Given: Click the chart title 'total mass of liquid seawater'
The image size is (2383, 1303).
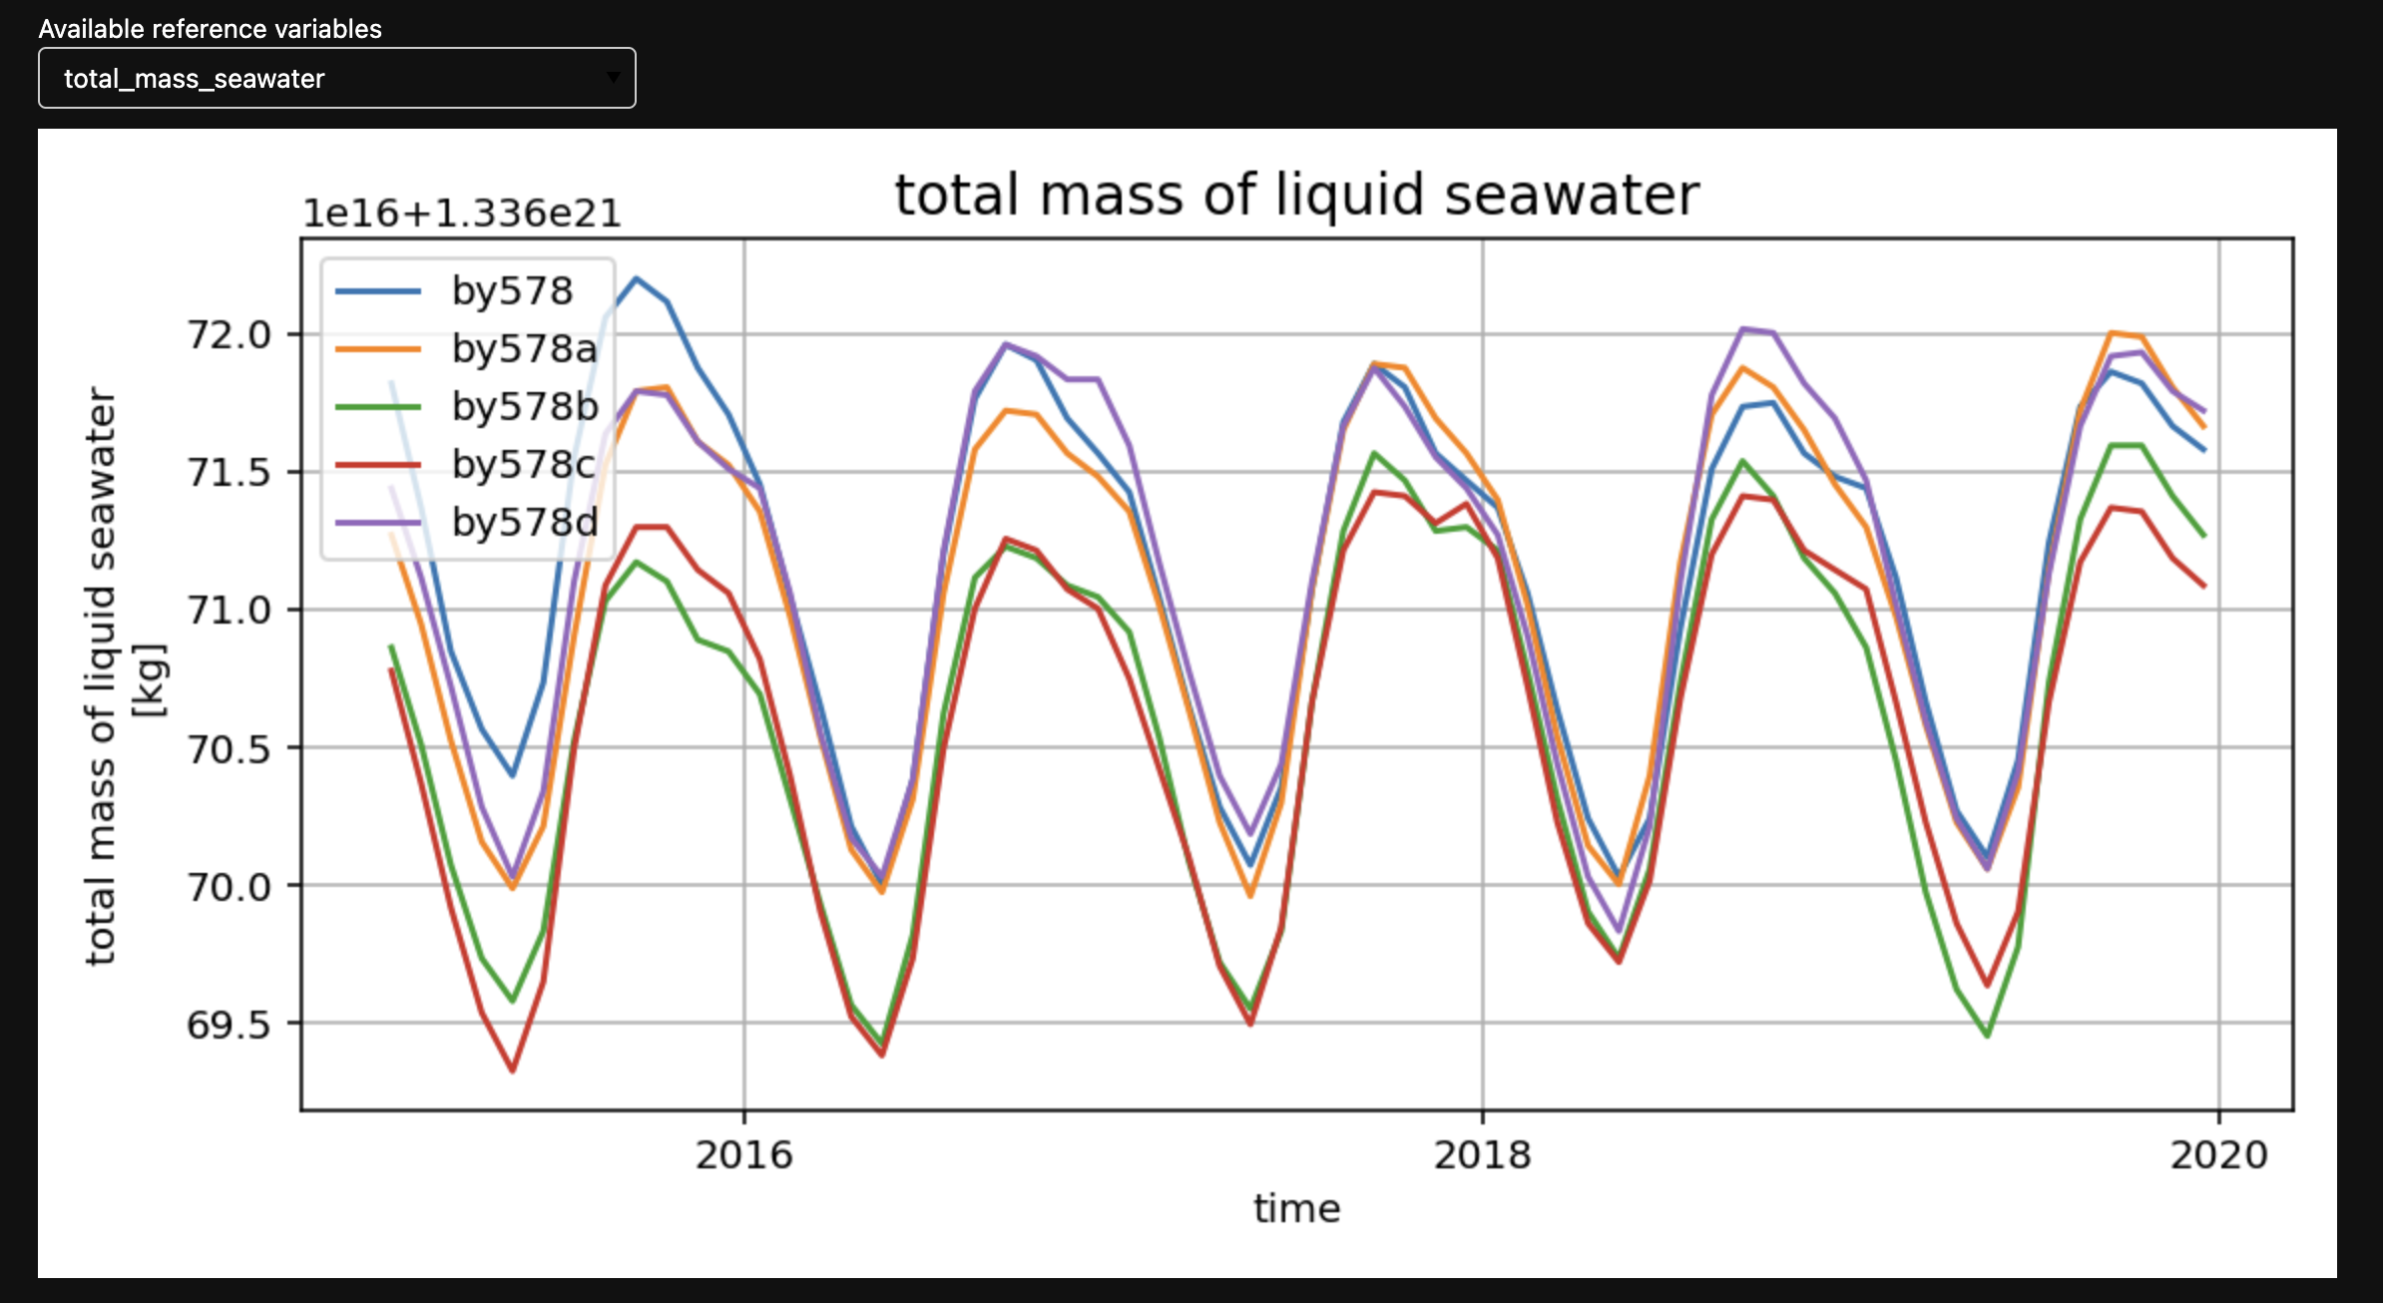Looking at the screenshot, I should coord(1296,195).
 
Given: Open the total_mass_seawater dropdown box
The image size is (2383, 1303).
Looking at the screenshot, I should coord(336,79).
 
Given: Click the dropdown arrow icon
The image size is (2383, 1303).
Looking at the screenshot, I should coord(613,78).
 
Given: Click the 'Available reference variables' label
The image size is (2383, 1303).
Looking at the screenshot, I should coord(210,29).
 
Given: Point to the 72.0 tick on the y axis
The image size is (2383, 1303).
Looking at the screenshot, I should coord(230,335).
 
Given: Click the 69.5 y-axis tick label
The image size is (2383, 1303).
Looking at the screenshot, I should coord(230,1025).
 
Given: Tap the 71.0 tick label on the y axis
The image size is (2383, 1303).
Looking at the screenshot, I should coord(230,611).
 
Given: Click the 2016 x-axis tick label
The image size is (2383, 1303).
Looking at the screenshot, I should coord(743,1155).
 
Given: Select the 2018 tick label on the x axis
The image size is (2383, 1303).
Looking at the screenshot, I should coord(1482,1155).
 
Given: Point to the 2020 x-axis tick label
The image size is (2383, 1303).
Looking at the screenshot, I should coord(2218,1155).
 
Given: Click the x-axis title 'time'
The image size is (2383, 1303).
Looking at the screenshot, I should coord(1296,1209).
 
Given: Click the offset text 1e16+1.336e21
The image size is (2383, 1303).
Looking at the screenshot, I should coord(461,214).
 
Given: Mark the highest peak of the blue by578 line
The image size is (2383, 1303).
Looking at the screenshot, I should coord(636,278).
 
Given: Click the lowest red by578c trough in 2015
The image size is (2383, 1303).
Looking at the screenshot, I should coord(513,1071).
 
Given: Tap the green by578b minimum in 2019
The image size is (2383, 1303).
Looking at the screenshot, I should coord(1988,1036).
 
